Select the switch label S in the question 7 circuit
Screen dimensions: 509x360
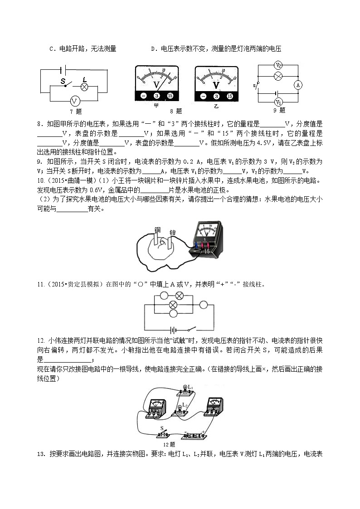63,81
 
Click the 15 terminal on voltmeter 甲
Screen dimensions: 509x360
170,96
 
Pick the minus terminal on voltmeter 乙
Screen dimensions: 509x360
203,96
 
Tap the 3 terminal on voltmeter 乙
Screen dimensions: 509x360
216,96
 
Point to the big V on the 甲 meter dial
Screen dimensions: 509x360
157,85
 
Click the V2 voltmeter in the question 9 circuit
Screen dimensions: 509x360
279,65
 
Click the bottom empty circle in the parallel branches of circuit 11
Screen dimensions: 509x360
172,313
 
